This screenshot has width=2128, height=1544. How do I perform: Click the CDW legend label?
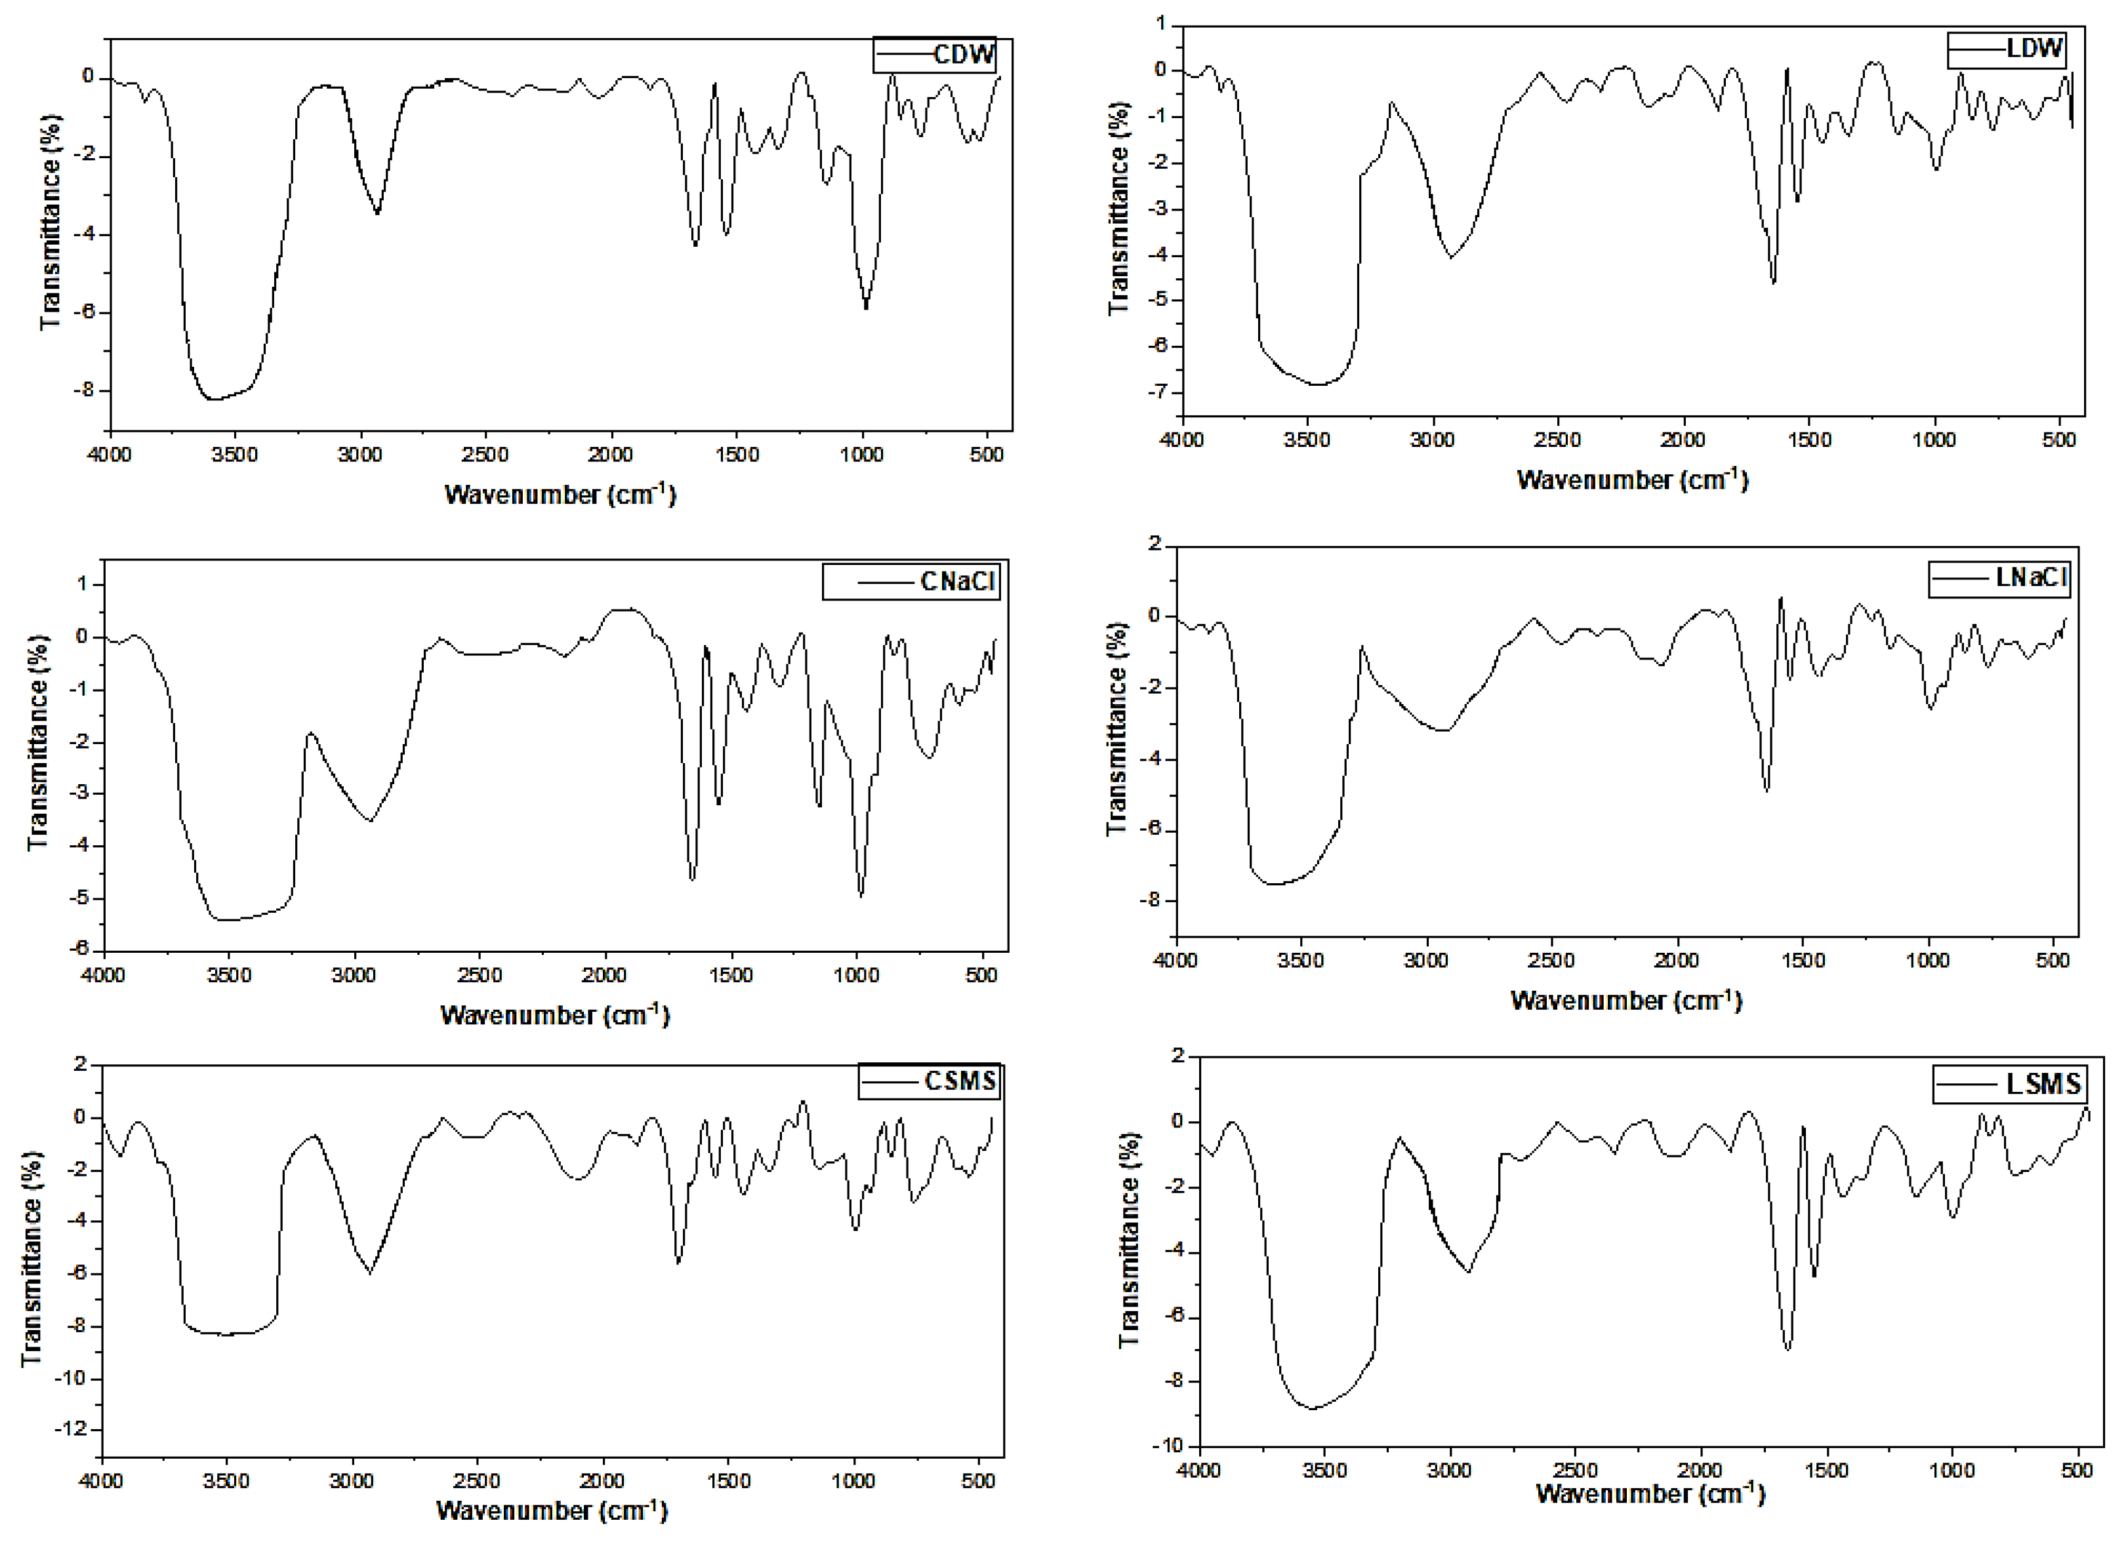[964, 54]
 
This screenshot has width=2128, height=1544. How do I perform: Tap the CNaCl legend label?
[957, 582]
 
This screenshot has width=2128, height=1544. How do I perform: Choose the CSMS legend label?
[960, 1081]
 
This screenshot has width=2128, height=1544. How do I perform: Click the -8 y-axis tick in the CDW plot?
[88, 390]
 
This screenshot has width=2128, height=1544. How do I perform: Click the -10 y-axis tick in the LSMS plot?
[1175, 1446]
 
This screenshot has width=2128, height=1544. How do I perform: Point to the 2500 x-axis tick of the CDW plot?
[486, 455]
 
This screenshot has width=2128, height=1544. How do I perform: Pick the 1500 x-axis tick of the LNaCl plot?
[1803, 960]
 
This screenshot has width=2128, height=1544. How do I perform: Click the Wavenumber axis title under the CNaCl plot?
[554, 1014]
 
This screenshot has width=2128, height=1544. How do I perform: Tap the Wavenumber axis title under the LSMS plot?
[1650, 1492]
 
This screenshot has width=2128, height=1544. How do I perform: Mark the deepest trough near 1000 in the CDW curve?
[866, 307]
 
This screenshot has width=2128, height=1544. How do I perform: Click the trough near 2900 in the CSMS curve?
[371, 1273]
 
